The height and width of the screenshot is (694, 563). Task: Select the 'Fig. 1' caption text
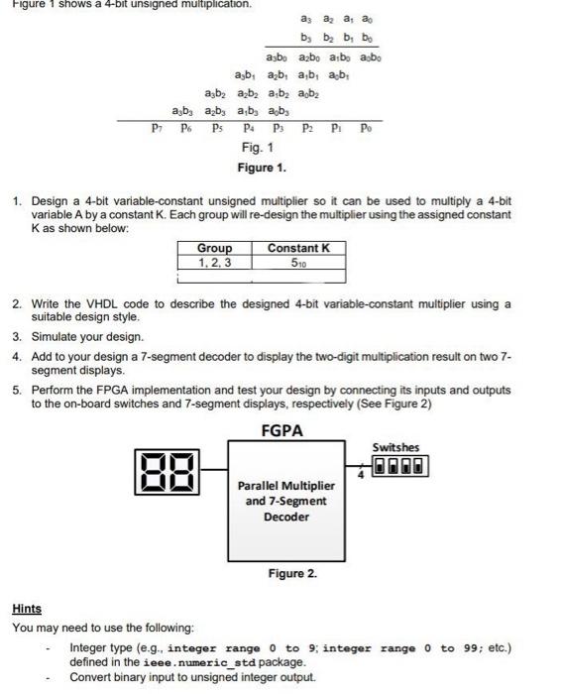tap(257, 148)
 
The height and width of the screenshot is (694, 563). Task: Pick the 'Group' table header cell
tap(214, 248)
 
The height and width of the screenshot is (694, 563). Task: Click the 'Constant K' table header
tap(298, 248)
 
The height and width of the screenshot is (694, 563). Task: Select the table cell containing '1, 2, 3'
tap(214, 262)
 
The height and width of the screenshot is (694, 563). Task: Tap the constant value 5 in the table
tap(298, 262)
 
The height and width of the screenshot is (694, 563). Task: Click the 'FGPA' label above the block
tap(281, 431)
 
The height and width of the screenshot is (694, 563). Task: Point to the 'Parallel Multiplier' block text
tap(285, 486)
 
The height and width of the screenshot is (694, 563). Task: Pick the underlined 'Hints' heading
tap(27, 609)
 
